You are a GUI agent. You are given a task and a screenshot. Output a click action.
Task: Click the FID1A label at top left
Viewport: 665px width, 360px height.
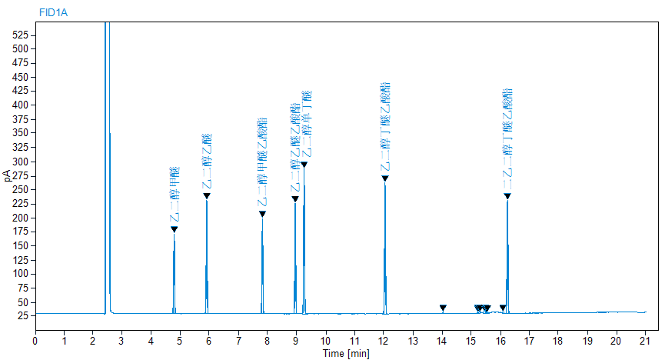point(53,12)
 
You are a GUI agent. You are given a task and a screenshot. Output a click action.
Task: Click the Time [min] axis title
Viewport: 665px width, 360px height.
point(345,353)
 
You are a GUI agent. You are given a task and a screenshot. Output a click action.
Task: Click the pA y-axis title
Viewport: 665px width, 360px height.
point(8,176)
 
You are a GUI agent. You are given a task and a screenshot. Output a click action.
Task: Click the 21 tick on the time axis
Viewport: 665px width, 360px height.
point(644,339)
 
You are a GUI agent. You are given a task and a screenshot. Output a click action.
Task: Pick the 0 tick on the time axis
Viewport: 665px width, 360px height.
point(35,339)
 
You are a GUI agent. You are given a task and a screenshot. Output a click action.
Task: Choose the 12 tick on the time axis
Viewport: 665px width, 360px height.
point(384,339)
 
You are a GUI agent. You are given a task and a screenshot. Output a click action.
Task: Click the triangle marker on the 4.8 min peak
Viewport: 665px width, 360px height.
point(174,229)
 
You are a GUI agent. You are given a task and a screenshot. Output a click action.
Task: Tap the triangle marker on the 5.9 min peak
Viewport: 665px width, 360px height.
point(207,196)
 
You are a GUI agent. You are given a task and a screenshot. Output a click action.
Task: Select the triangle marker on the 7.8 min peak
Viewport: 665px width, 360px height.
point(262,214)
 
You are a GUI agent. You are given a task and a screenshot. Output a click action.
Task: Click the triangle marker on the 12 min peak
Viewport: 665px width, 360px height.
point(385,178)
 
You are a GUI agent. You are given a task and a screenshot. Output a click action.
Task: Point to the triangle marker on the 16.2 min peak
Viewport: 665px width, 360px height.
point(507,196)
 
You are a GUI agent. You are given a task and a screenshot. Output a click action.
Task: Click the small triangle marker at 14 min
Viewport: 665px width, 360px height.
point(443,308)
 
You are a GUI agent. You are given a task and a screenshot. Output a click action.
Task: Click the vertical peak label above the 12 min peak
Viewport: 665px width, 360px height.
point(385,127)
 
